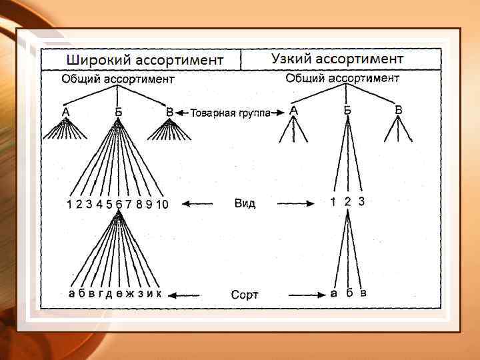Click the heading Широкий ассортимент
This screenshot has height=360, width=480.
[x=143, y=59]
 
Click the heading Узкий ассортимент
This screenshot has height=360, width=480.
[x=337, y=58]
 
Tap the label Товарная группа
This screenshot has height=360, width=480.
[x=230, y=113]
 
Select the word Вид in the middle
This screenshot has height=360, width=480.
[x=245, y=203]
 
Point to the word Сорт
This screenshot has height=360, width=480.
[x=245, y=294]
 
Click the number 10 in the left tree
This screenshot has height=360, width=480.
[x=162, y=205]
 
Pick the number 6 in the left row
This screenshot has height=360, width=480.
[x=119, y=205]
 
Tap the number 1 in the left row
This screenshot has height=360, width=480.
[x=69, y=205]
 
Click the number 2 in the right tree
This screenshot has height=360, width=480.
[x=347, y=201]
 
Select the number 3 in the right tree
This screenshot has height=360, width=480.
[x=361, y=201]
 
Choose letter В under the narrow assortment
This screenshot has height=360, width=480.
[x=398, y=109]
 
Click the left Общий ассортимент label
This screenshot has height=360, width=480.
[x=118, y=79]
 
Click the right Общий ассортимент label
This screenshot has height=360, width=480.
[x=342, y=78]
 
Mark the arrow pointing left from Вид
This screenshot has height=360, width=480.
[x=197, y=203]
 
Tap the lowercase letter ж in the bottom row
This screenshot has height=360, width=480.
[x=129, y=294]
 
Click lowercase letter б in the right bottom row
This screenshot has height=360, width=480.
[x=349, y=293]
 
